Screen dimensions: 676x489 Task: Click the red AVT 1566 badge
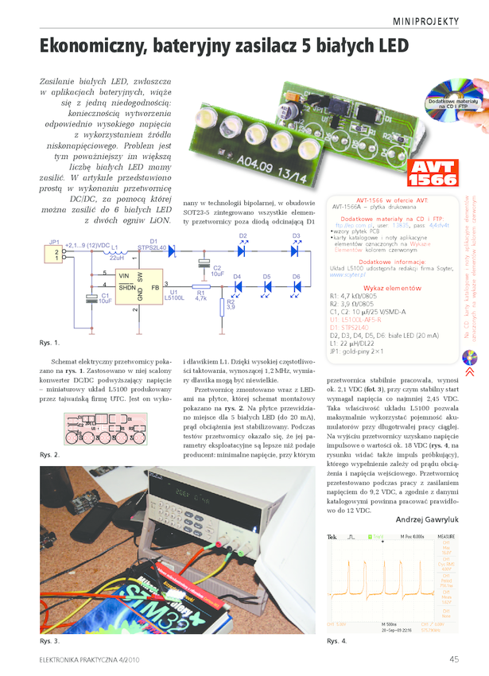coord(430,174)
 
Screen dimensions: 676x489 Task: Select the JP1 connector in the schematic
coord(55,254)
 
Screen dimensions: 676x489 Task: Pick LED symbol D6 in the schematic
coord(296,286)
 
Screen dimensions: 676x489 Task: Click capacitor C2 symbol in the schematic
coord(204,263)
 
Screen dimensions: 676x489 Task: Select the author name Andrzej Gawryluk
coord(427,520)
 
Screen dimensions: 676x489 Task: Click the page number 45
coord(454,659)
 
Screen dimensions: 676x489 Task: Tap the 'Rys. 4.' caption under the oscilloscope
coord(337,641)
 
